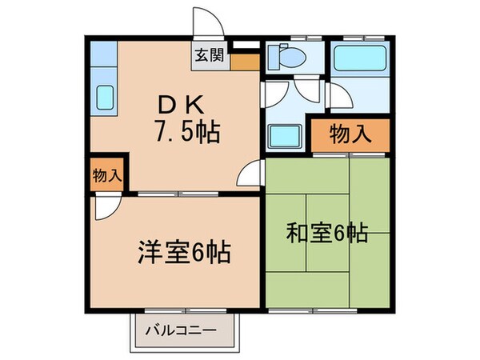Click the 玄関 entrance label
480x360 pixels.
(210, 57)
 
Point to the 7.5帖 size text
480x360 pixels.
(190, 130)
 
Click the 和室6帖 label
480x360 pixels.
(328, 233)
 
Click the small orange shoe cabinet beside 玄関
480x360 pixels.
(245, 60)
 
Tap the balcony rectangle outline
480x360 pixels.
(185, 330)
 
